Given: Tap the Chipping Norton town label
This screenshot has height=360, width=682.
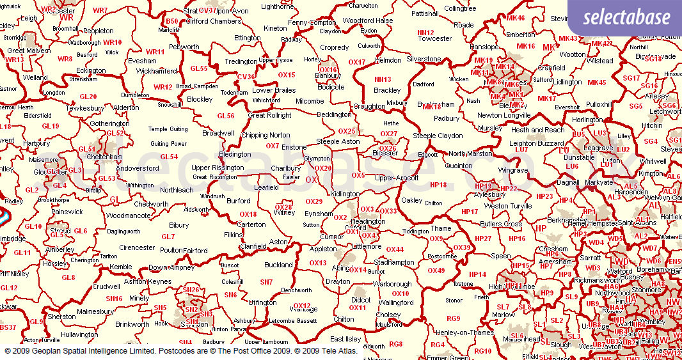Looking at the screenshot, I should [266, 136].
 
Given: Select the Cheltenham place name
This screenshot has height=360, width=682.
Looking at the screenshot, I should [103, 157].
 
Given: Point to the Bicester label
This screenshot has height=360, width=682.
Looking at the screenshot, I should [385, 154].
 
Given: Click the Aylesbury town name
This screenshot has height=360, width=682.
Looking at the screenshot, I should [491, 194].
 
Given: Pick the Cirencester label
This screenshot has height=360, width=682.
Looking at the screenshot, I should [137, 247].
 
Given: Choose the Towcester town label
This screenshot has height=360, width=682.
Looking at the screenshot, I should [434, 38].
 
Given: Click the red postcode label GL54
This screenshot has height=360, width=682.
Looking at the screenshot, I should [169, 157].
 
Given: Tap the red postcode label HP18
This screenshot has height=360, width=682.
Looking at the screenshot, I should [438, 185].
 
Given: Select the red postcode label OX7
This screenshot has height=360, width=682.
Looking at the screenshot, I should [273, 146].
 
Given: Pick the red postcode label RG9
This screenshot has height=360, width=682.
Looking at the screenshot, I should [453, 318].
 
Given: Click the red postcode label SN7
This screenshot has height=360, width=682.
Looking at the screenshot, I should [266, 282].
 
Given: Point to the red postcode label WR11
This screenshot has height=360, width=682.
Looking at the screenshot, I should [155, 52].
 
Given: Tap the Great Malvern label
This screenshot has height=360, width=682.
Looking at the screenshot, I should [25, 51].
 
